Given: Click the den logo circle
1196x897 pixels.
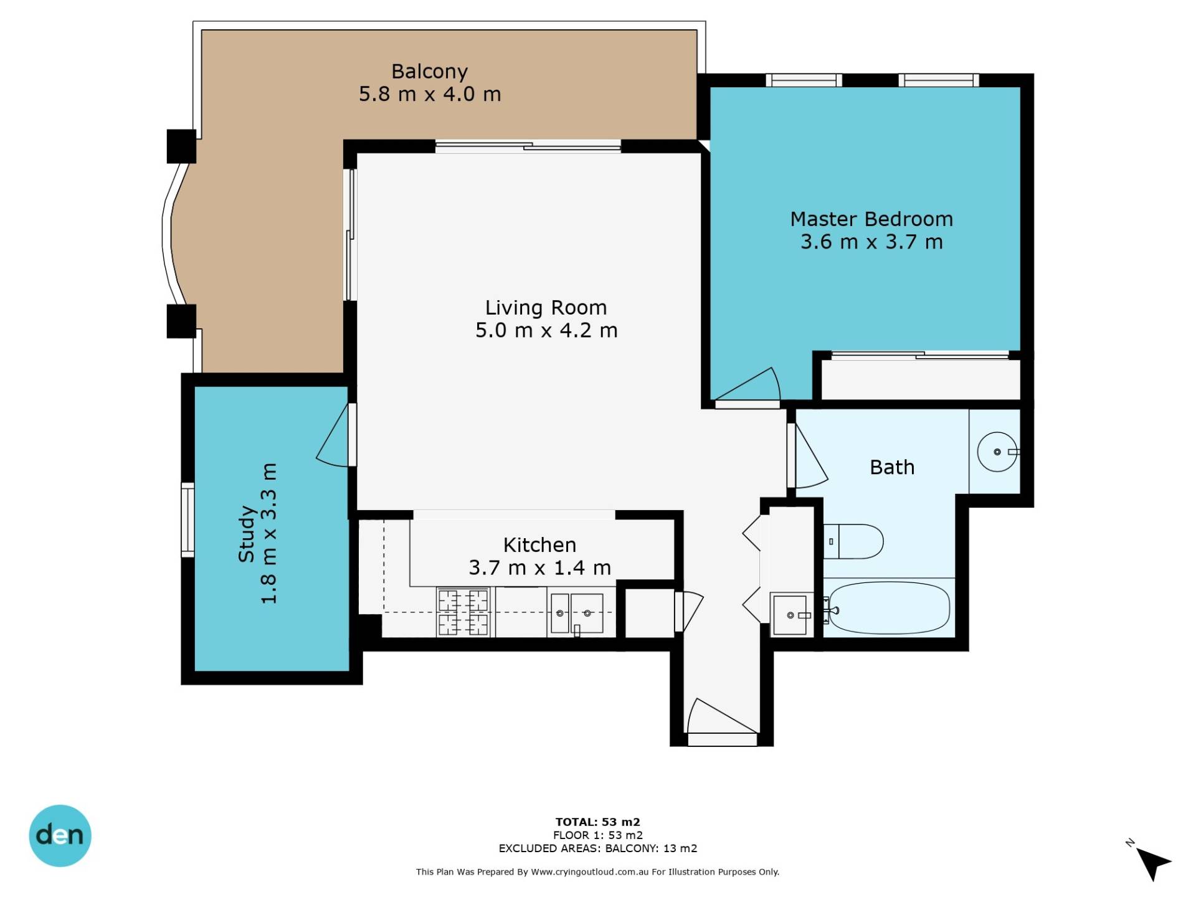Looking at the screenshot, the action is (x=60, y=835).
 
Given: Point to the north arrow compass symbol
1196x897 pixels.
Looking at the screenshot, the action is (x=1152, y=863).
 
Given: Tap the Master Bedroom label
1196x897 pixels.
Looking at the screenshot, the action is (x=871, y=219).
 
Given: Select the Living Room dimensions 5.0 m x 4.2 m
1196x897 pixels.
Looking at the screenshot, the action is (x=546, y=330).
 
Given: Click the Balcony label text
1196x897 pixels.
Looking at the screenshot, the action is (x=429, y=72).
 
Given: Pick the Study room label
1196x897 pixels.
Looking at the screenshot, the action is (x=247, y=534).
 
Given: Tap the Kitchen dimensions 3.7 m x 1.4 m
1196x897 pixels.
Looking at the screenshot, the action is (x=539, y=567).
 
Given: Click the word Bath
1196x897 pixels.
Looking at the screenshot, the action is (x=892, y=467).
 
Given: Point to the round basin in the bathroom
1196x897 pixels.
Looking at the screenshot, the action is (x=997, y=452).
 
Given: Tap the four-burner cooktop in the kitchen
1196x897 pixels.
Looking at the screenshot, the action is (x=463, y=612).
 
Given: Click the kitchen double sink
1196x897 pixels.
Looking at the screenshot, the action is (x=577, y=614).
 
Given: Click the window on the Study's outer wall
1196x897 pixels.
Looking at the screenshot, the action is (x=187, y=520).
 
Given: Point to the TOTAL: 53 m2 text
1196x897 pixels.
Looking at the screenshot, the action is (x=598, y=822).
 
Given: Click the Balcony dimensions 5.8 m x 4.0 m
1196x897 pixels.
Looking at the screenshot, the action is (x=430, y=94).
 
